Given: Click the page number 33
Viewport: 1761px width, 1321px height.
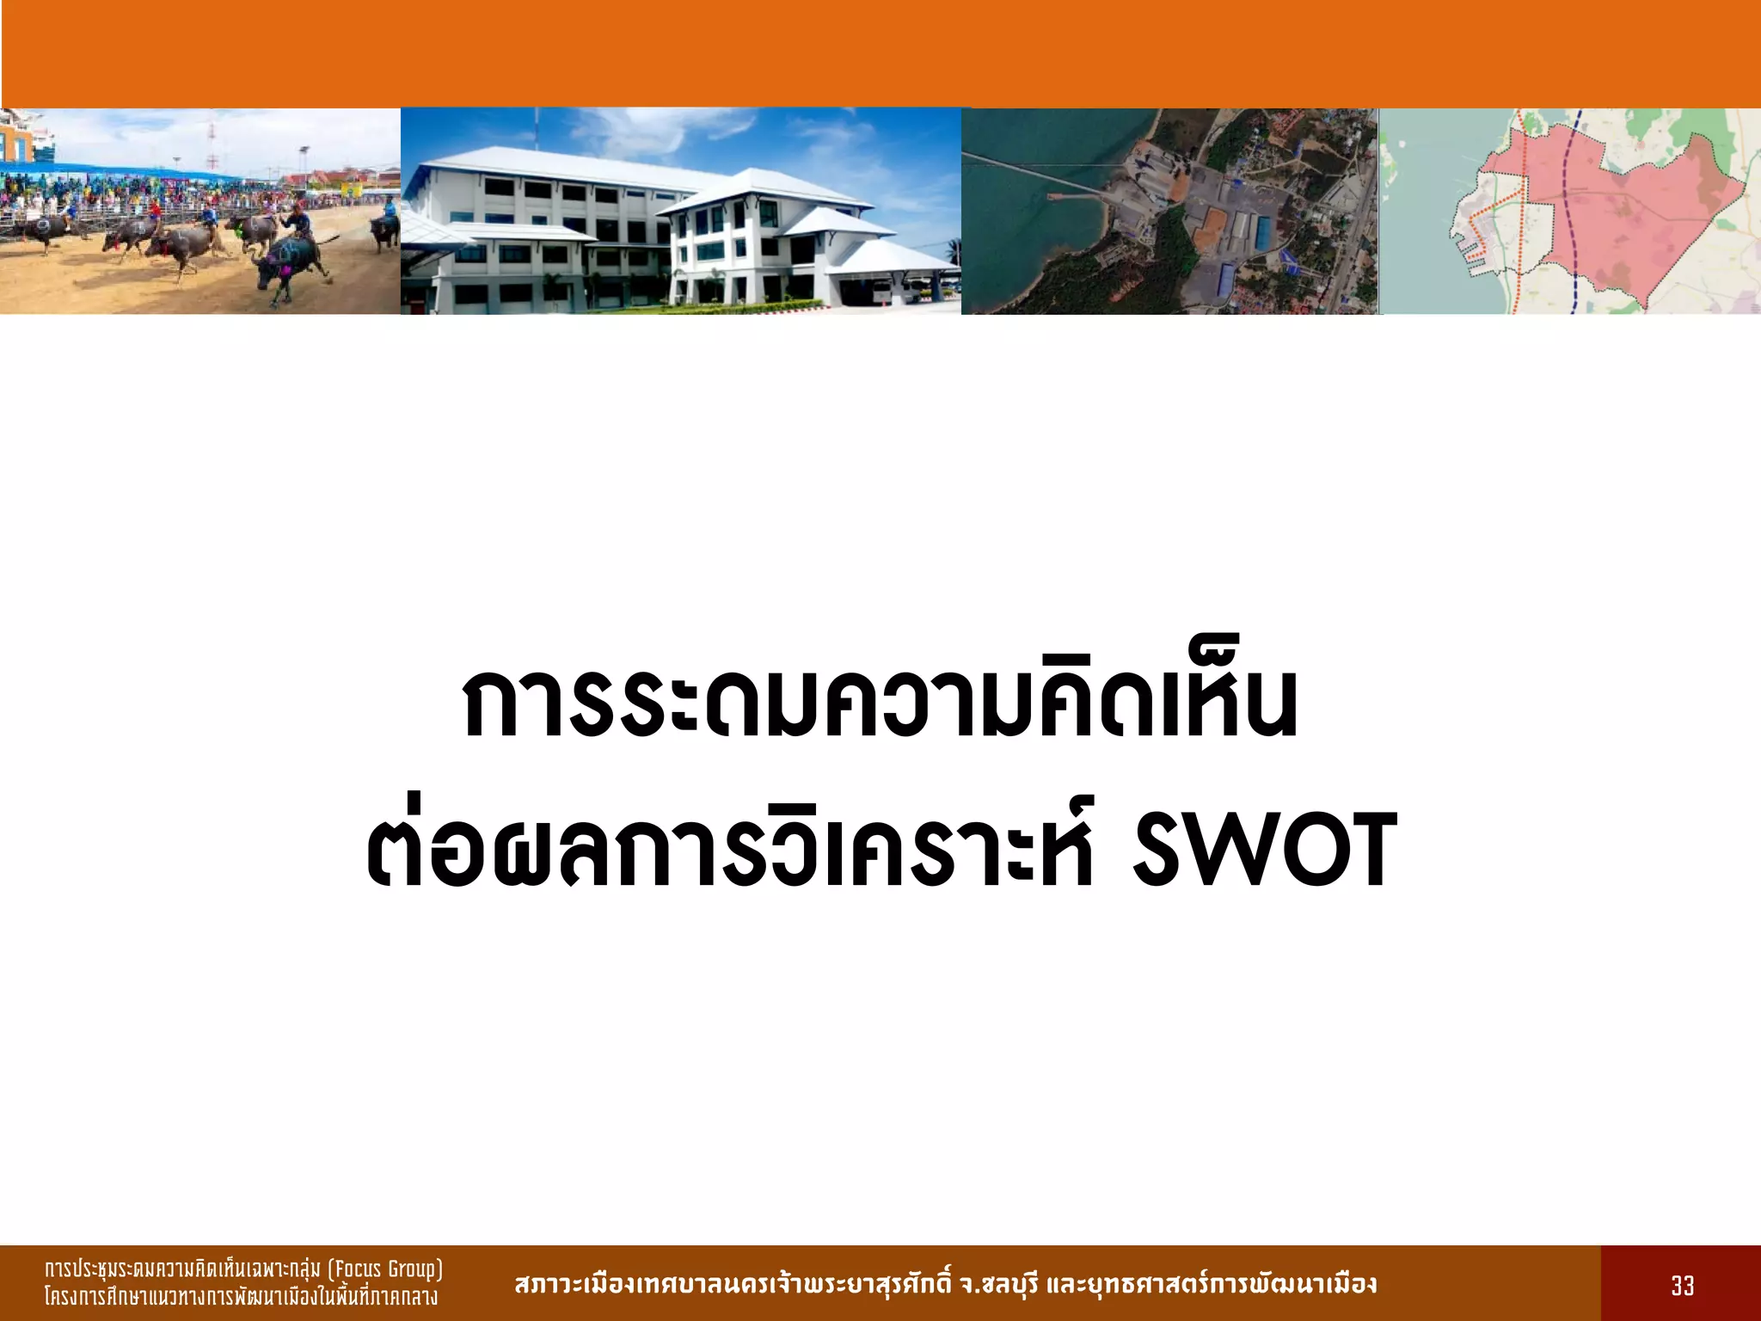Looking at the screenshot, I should coord(1682,1286).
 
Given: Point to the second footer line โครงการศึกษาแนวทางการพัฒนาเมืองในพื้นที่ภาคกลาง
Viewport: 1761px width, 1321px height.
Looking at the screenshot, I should coord(241,1297).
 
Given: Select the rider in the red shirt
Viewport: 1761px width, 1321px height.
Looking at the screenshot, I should coord(154,212).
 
